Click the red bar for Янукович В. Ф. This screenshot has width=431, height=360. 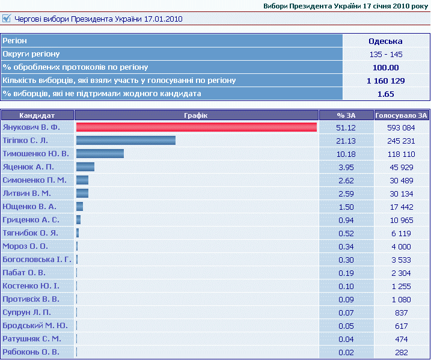(x=196, y=127)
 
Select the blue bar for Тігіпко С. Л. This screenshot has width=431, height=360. (x=126, y=141)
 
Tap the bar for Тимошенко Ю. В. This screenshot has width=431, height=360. (x=100, y=154)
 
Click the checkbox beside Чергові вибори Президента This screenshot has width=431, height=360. (x=7, y=19)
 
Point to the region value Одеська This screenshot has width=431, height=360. (x=385, y=41)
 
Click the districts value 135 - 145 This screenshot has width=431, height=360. (x=385, y=54)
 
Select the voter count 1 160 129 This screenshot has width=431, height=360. (x=385, y=81)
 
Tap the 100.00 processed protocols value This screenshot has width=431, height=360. (x=385, y=67)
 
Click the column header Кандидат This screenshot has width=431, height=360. (x=37, y=115)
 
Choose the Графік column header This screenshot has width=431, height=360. (x=196, y=115)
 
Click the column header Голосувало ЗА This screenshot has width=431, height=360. (x=402, y=115)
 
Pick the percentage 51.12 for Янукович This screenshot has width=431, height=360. (x=346, y=127)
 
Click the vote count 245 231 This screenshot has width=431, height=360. (x=402, y=141)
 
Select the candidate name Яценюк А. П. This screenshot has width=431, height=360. (x=28, y=167)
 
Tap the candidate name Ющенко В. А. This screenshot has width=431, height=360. (x=29, y=207)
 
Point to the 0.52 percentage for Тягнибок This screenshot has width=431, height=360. (x=346, y=233)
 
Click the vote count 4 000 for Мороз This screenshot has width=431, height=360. (x=402, y=246)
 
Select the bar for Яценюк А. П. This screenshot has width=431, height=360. (x=85, y=167)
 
